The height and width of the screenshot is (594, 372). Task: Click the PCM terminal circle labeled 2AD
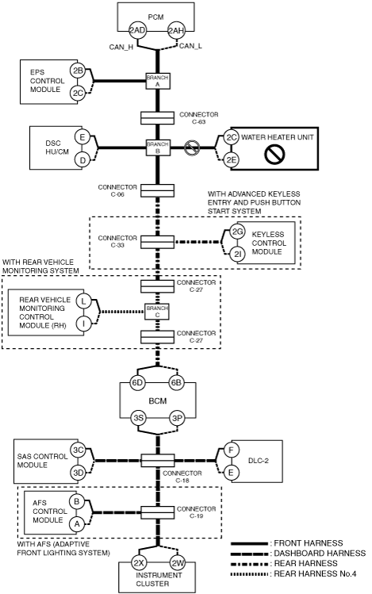pos(137,30)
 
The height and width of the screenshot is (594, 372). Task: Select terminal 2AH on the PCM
pos(176,30)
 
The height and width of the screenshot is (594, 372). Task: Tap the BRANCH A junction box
pos(158,81)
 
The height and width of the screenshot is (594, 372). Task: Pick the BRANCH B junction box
pos(158,148)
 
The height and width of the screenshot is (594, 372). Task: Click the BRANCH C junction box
pos(157,312)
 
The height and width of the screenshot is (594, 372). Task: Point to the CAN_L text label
pos(190,46)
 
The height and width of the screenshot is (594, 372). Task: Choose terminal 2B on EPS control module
pos(78,71)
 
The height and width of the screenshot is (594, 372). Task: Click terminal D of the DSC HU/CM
pos(82,160)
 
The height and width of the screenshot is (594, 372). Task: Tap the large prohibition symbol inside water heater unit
pos(274,155)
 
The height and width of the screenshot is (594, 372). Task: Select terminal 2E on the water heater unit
pos(231,160)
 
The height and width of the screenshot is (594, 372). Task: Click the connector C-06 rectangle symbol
pos(158,190)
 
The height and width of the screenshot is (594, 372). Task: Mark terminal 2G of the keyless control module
pos(237,232)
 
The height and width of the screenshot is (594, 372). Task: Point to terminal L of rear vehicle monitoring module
pos(84,301)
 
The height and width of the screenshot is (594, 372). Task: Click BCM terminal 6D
pos(137,382)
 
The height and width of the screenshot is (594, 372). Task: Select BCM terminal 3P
pos(177,418)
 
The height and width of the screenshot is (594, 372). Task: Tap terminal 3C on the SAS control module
pos(78,450)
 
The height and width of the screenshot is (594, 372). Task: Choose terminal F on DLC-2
pos(231,450)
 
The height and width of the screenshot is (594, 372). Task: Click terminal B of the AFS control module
pos(77,501)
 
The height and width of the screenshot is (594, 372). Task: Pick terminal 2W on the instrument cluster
pos(177,562)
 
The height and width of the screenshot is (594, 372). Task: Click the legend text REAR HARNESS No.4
pos(315,573)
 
